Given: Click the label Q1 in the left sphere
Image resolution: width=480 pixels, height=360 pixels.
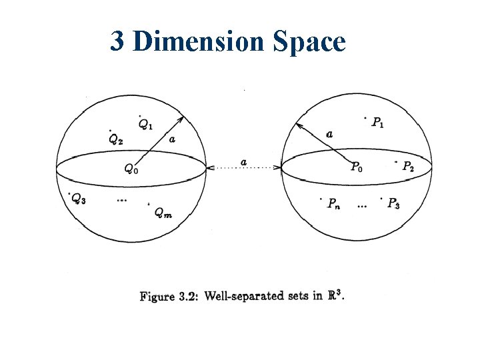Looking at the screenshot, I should click(145, 123).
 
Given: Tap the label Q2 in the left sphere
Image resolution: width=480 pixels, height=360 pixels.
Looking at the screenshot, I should click(115, 139).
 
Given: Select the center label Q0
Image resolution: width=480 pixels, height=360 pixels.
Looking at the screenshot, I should click(132, 169).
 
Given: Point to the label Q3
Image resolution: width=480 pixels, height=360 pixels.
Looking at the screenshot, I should click(79, 198).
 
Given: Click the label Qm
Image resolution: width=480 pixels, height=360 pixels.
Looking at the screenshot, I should click(162, 213).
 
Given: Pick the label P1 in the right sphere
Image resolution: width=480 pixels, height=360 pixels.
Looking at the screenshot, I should click(377, 123).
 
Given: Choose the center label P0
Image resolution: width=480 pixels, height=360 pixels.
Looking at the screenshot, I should click(357, 167).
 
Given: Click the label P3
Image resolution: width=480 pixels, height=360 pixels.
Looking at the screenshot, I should click(393, 203).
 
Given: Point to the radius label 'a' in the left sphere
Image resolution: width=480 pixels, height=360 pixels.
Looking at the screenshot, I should click(173, 139).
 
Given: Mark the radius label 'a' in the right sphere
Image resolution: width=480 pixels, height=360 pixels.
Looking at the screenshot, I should click(329, 134).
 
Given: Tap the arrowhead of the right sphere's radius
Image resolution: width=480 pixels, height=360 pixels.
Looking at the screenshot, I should click(297, 125).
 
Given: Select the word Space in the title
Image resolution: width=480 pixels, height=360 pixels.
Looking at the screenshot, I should click(309, 42).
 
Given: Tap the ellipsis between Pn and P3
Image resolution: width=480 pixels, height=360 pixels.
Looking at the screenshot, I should click(361, 206).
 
